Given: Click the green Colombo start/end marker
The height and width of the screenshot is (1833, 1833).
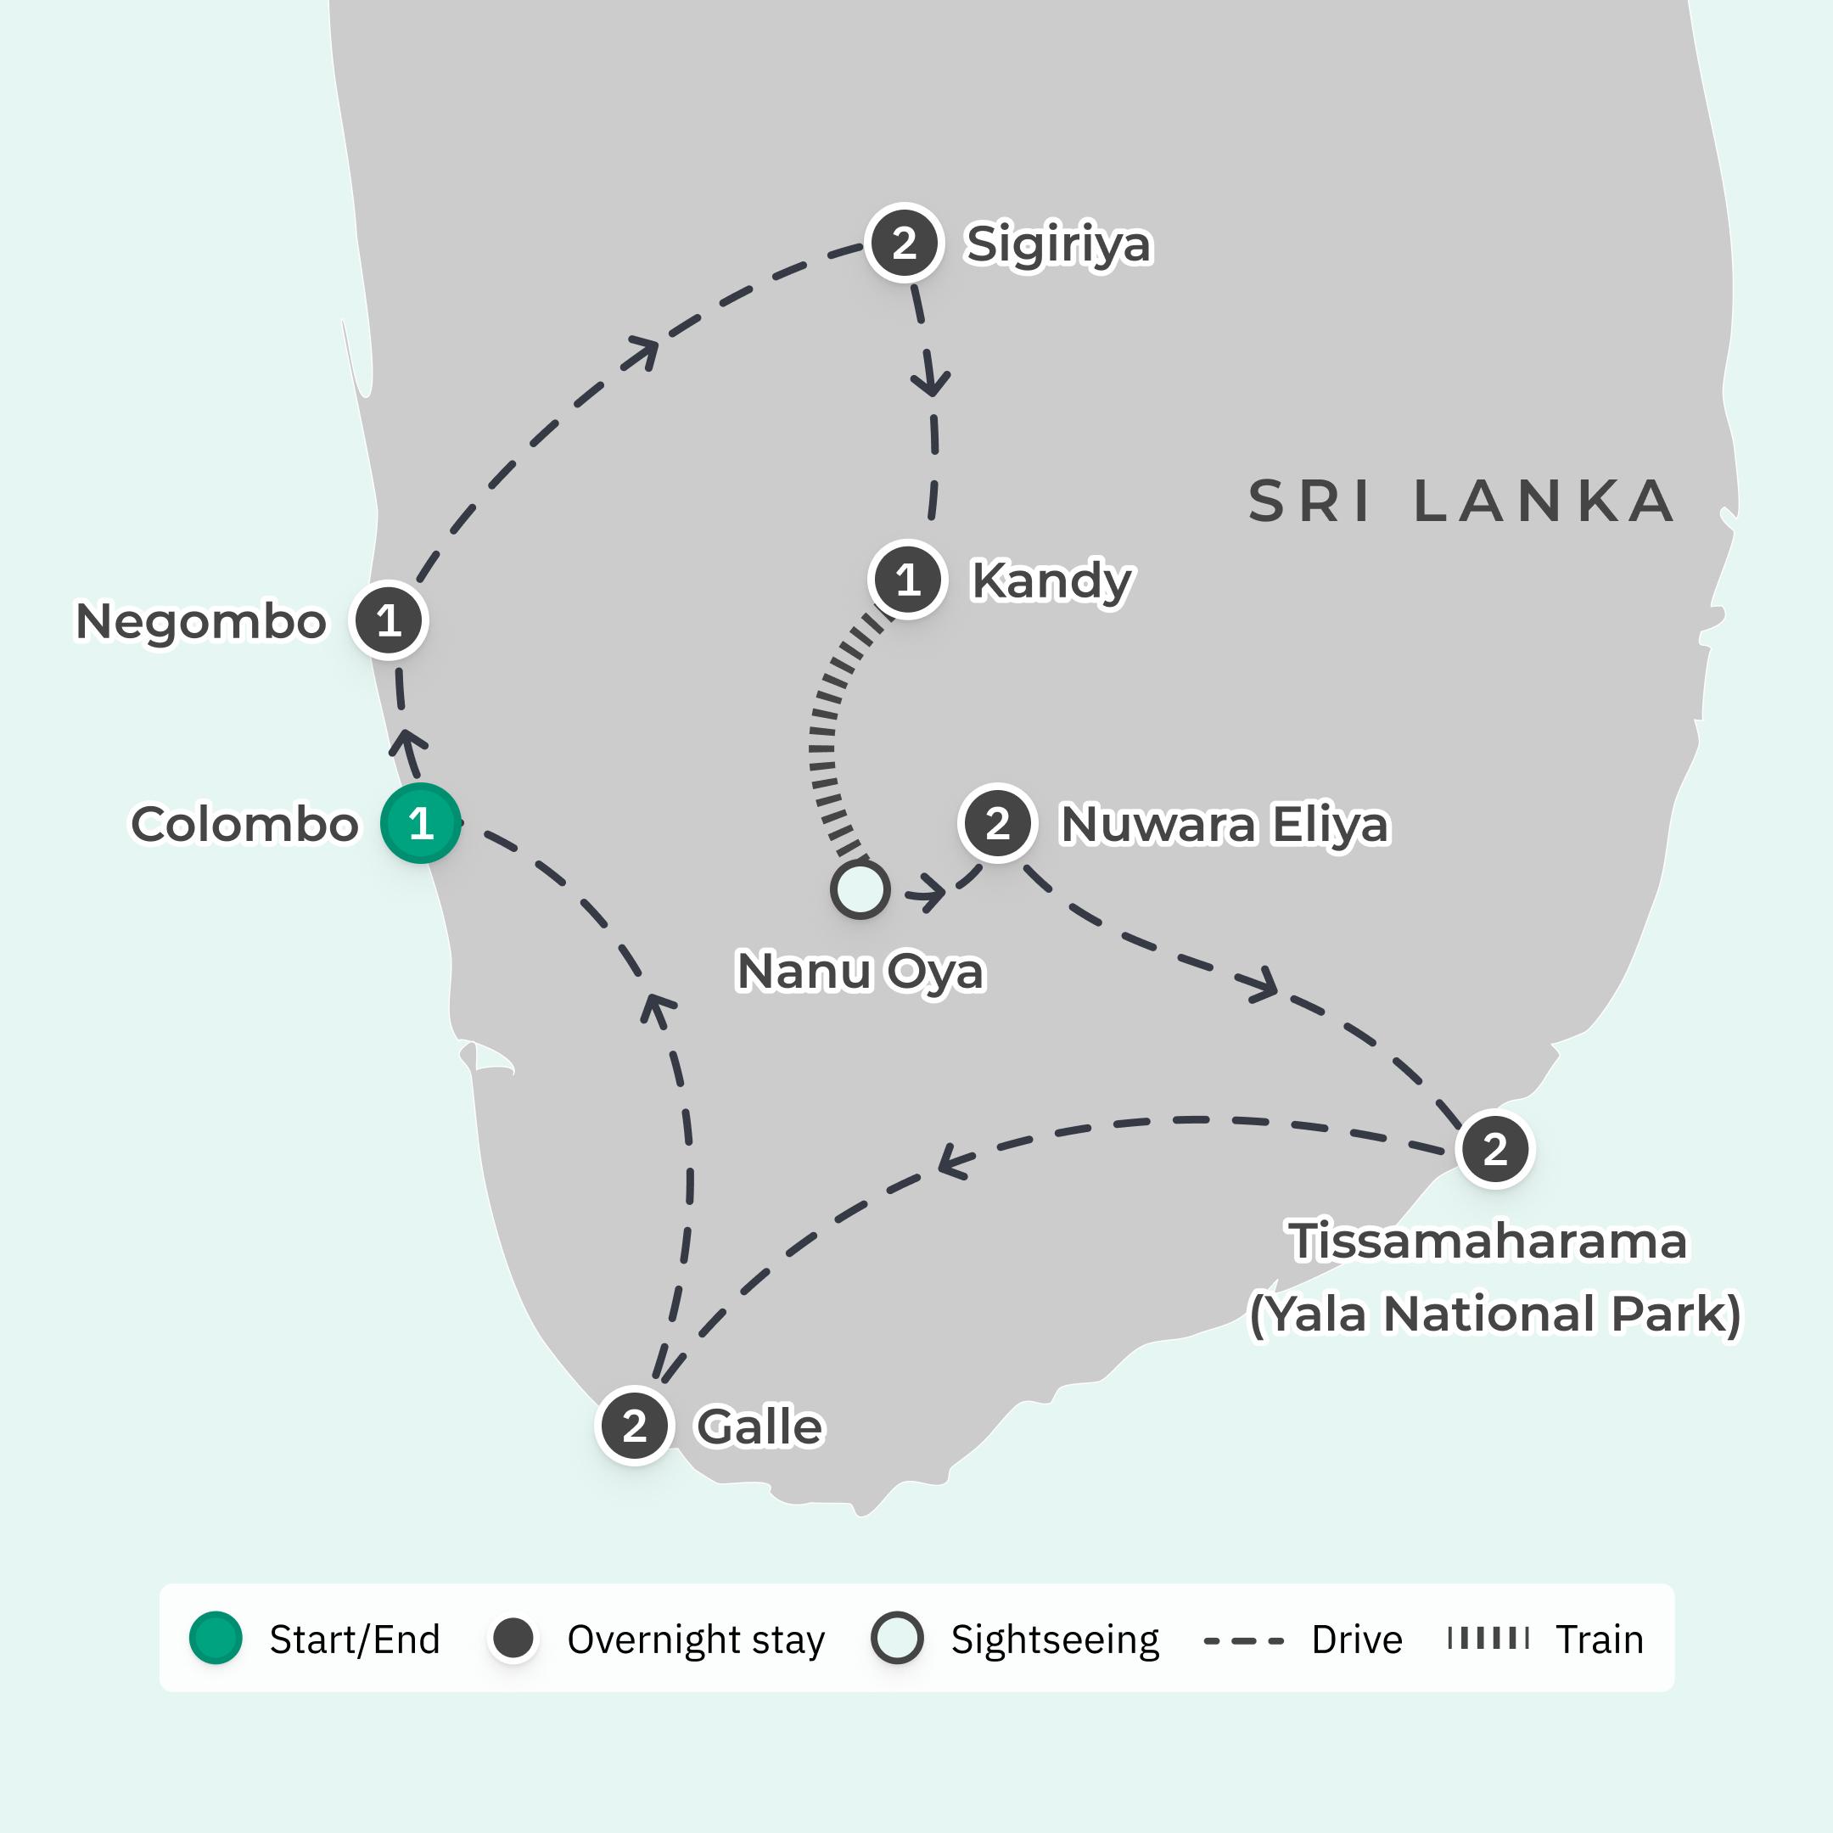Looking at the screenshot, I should pos(420,823).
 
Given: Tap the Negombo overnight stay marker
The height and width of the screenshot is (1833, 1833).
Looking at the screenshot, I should pos(389,620).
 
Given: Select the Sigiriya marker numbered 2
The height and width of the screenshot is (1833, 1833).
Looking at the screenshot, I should pos(904,244).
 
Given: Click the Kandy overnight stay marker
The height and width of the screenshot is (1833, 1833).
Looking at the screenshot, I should pos(908,580).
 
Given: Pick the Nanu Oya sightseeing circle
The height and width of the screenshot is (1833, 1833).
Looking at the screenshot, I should pos(860,890).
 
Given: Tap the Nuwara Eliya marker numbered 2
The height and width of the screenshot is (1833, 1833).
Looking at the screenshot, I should pos(997,823).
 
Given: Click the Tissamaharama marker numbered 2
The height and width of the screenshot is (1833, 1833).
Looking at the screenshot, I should pos(1495,1149).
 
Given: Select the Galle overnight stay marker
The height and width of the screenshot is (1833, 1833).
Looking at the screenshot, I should pos(635,1426).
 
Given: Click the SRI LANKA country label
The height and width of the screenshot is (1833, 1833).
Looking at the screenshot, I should pos(1461,502).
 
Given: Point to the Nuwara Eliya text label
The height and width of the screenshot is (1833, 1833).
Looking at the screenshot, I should pos(1224,823).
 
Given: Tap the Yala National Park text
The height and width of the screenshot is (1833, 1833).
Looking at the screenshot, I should pos(1495,1314).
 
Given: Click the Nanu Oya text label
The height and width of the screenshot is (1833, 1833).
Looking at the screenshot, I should pos(860,971).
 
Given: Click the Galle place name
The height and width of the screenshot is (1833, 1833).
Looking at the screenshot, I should pos(759,1427).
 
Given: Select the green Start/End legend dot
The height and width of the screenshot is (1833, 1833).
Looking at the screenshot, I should pos(216,1639).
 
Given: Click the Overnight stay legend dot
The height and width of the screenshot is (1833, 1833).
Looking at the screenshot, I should pos(514,1639).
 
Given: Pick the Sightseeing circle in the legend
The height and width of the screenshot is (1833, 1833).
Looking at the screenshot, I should pos(897,1639).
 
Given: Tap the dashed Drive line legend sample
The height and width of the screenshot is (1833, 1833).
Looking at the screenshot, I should pos(1243,1640).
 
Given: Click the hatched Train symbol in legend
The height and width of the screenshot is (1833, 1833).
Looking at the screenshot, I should pos(1488,1639).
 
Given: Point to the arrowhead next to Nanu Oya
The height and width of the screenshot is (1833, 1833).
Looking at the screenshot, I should pos(928,894).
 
